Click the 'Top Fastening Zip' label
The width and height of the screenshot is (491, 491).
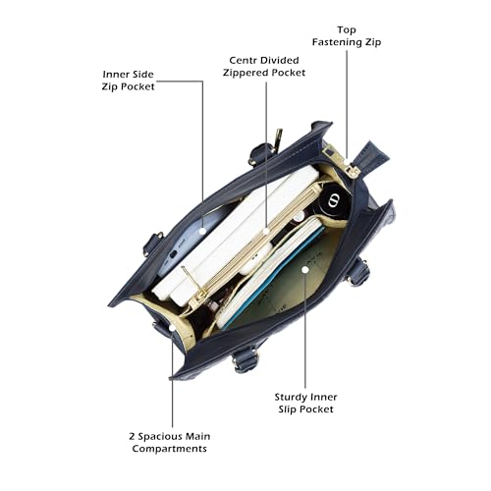pos(347,36)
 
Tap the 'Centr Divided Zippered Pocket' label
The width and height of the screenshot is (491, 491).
pos(264,67)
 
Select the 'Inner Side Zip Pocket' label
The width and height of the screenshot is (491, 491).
pos(128,81)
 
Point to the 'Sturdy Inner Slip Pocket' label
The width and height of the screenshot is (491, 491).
pos(305,403)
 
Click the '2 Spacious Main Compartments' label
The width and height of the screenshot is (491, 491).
pos(170,442)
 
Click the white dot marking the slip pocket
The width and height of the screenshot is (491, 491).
pos(305,269)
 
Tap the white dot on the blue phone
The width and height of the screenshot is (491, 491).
pos(202,231)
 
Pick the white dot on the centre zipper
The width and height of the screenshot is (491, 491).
pos(266,231)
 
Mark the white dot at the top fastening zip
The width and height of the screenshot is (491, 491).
pos(347,161)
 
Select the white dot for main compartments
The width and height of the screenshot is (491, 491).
pos(172,327)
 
